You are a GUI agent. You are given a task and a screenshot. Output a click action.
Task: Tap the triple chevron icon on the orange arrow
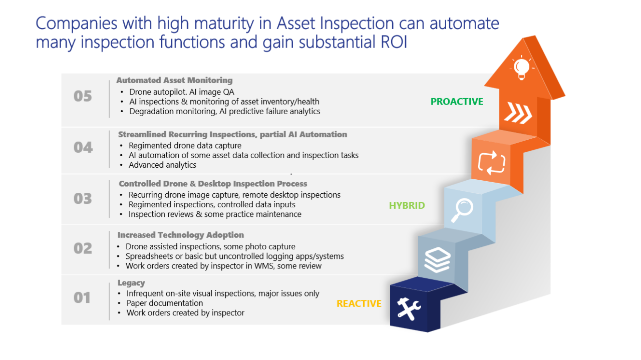518,113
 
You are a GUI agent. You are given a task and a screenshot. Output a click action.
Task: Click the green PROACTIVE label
457,102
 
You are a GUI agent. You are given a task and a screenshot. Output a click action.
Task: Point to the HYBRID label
407,205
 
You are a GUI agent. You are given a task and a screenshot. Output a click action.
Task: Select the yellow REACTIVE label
359,303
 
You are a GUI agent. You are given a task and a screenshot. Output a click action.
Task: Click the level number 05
83,96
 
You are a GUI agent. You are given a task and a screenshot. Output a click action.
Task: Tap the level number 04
83,147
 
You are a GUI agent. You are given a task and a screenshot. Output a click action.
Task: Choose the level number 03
83,199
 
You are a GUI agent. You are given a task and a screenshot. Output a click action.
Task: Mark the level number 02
83,248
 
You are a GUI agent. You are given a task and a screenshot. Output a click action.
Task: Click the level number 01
83,298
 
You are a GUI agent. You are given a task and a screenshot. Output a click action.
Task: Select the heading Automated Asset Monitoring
174,80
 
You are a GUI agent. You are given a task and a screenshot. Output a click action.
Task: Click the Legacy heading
131,283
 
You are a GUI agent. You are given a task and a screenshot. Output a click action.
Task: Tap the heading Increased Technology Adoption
181,235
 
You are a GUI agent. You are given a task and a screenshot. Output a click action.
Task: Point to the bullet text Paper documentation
165,303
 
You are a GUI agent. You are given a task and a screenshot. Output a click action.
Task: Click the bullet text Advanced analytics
162,165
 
